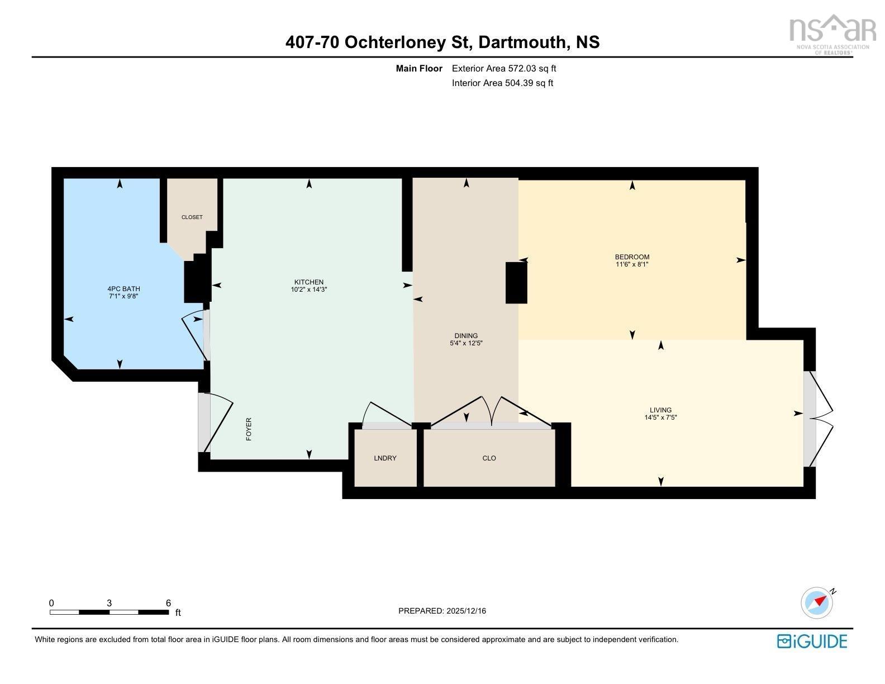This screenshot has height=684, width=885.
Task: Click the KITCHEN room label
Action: point(309,282)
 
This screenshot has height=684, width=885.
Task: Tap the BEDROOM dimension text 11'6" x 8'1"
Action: point(632,265)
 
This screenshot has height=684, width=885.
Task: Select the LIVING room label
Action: point(660,410)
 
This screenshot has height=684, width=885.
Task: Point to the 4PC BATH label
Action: point(123,289)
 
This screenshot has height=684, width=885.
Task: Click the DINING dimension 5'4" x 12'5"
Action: point(465,344)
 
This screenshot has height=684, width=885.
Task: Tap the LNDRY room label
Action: point(385,458)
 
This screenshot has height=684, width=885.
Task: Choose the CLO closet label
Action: point(489,458)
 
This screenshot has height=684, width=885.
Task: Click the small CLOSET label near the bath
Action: point(192,217)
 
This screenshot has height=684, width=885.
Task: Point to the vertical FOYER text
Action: point(249,429)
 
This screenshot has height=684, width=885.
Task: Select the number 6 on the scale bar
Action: point(168,603)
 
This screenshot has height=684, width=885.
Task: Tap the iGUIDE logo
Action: point(812,641)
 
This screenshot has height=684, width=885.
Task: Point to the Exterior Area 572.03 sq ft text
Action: point(503,69)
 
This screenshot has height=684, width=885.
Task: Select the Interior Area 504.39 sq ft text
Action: point(502,83)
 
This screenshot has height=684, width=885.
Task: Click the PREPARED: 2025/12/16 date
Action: point(442,611)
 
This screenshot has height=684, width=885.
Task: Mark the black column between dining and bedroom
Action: point(516,283)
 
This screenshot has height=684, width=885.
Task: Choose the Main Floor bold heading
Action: point(419,69)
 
